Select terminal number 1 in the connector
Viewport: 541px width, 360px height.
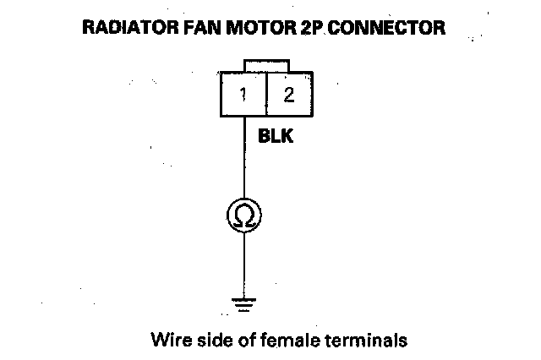(x=243, y=95)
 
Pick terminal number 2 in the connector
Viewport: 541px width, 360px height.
(x=289, y=95)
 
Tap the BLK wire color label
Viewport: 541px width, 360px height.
(x=275, y=135)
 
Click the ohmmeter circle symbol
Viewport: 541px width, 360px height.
(x=243, y=215)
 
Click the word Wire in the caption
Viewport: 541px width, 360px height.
(x=167, y=341)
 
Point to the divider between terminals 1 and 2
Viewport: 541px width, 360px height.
(x=266, y=95)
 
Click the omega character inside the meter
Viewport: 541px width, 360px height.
(x=243, y=216)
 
